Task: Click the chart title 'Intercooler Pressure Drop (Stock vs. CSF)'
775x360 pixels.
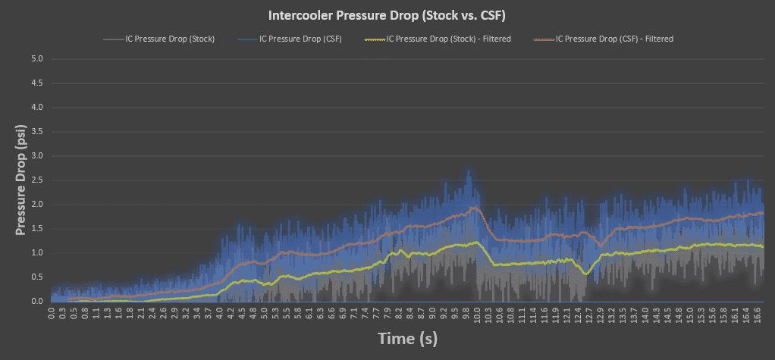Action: [x=387, y=15]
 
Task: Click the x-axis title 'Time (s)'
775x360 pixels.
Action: [x=407, y=338]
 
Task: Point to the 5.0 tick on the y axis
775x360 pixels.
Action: [x=36, y=59]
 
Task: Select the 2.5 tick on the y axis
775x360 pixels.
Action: [x=36, y=180]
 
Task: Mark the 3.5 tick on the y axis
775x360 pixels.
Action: [x=36, y=132]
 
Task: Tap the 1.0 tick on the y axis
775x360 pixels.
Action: [x=36, y=253]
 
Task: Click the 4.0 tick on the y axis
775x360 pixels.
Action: [x=36, y=108]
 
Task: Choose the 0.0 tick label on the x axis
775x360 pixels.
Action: [x=52, y=311]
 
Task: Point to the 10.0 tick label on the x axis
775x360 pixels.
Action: [x=477, y=311]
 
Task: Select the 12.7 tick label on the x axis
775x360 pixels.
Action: [x=588, y=311]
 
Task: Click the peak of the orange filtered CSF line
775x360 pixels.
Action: [x=474, y=208]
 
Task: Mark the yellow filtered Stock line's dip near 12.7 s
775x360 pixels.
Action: [x=586, y=273]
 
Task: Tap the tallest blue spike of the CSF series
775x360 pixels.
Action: [x=469, y=171]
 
